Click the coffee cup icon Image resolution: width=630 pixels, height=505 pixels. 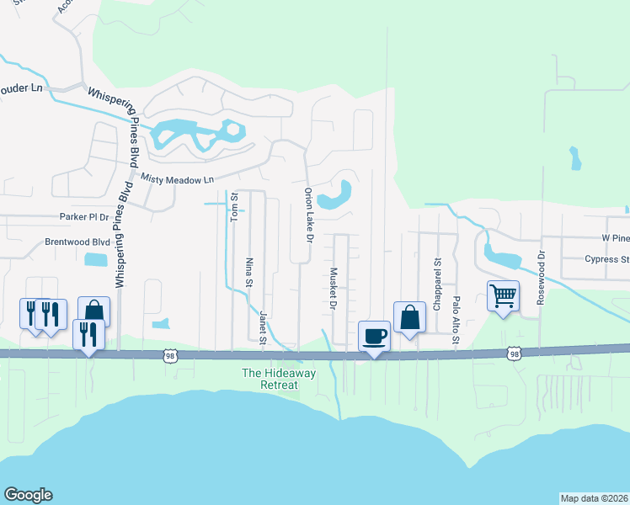pyautogui.click(x=374, y=336)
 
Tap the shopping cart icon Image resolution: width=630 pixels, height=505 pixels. pyautogui.click(x=503, y=295)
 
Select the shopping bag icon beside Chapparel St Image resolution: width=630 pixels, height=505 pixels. pyautogui.click(x=409, y=318)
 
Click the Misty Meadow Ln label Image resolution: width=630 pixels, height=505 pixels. pyautogui.click(x=178, y=179)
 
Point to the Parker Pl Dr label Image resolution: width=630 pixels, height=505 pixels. pyautogui.click(x=84, y=217)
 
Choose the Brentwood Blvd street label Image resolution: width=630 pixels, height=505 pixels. pyautogui.click(x=78, y=242)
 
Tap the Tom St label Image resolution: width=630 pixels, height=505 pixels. pyautogui.click(x=235, y=206)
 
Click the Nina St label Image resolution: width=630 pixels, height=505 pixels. pyautogui.click(x=249, y=272)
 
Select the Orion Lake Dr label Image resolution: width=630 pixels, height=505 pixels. pyautogui.click(x=309, y=216)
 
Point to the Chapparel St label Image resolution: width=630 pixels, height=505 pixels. pyautogui.click(x=437, y=284)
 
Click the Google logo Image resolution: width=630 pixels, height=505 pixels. pyautogui.click(x=28, y=495)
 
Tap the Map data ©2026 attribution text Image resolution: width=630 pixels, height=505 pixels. pyautogui.click(x=595, y=498)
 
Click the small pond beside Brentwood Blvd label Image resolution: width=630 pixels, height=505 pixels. pyautogui.click(x=97, y=259)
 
